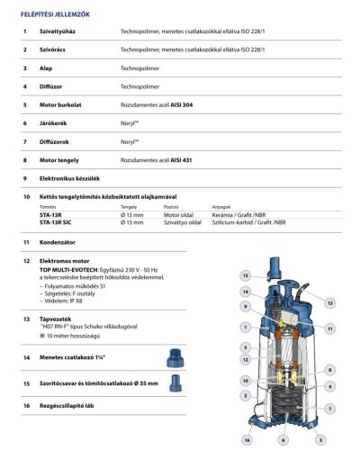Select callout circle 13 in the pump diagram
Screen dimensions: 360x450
tap(330, 303)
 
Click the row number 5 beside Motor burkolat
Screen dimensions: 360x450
tap(25, 104)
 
